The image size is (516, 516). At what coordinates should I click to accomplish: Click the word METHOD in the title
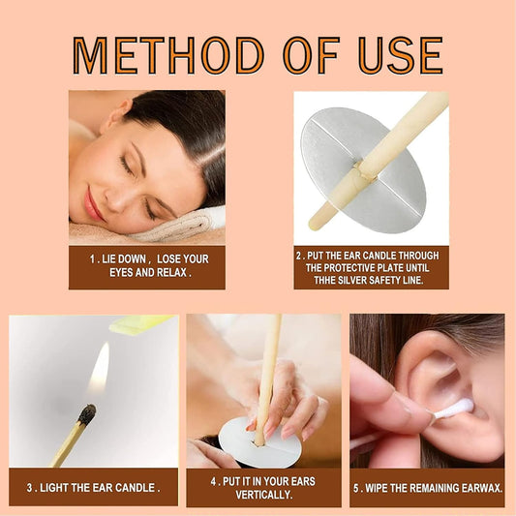167,55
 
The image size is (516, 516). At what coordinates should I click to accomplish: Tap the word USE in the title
401,55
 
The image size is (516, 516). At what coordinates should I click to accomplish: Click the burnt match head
87,414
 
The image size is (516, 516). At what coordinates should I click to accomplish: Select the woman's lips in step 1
92,203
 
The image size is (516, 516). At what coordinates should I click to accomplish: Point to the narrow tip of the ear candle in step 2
314,225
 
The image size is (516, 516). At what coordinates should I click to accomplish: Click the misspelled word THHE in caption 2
323,280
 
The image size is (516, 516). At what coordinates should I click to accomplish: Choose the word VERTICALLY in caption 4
264,495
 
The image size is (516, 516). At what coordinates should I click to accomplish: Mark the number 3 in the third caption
30,488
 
